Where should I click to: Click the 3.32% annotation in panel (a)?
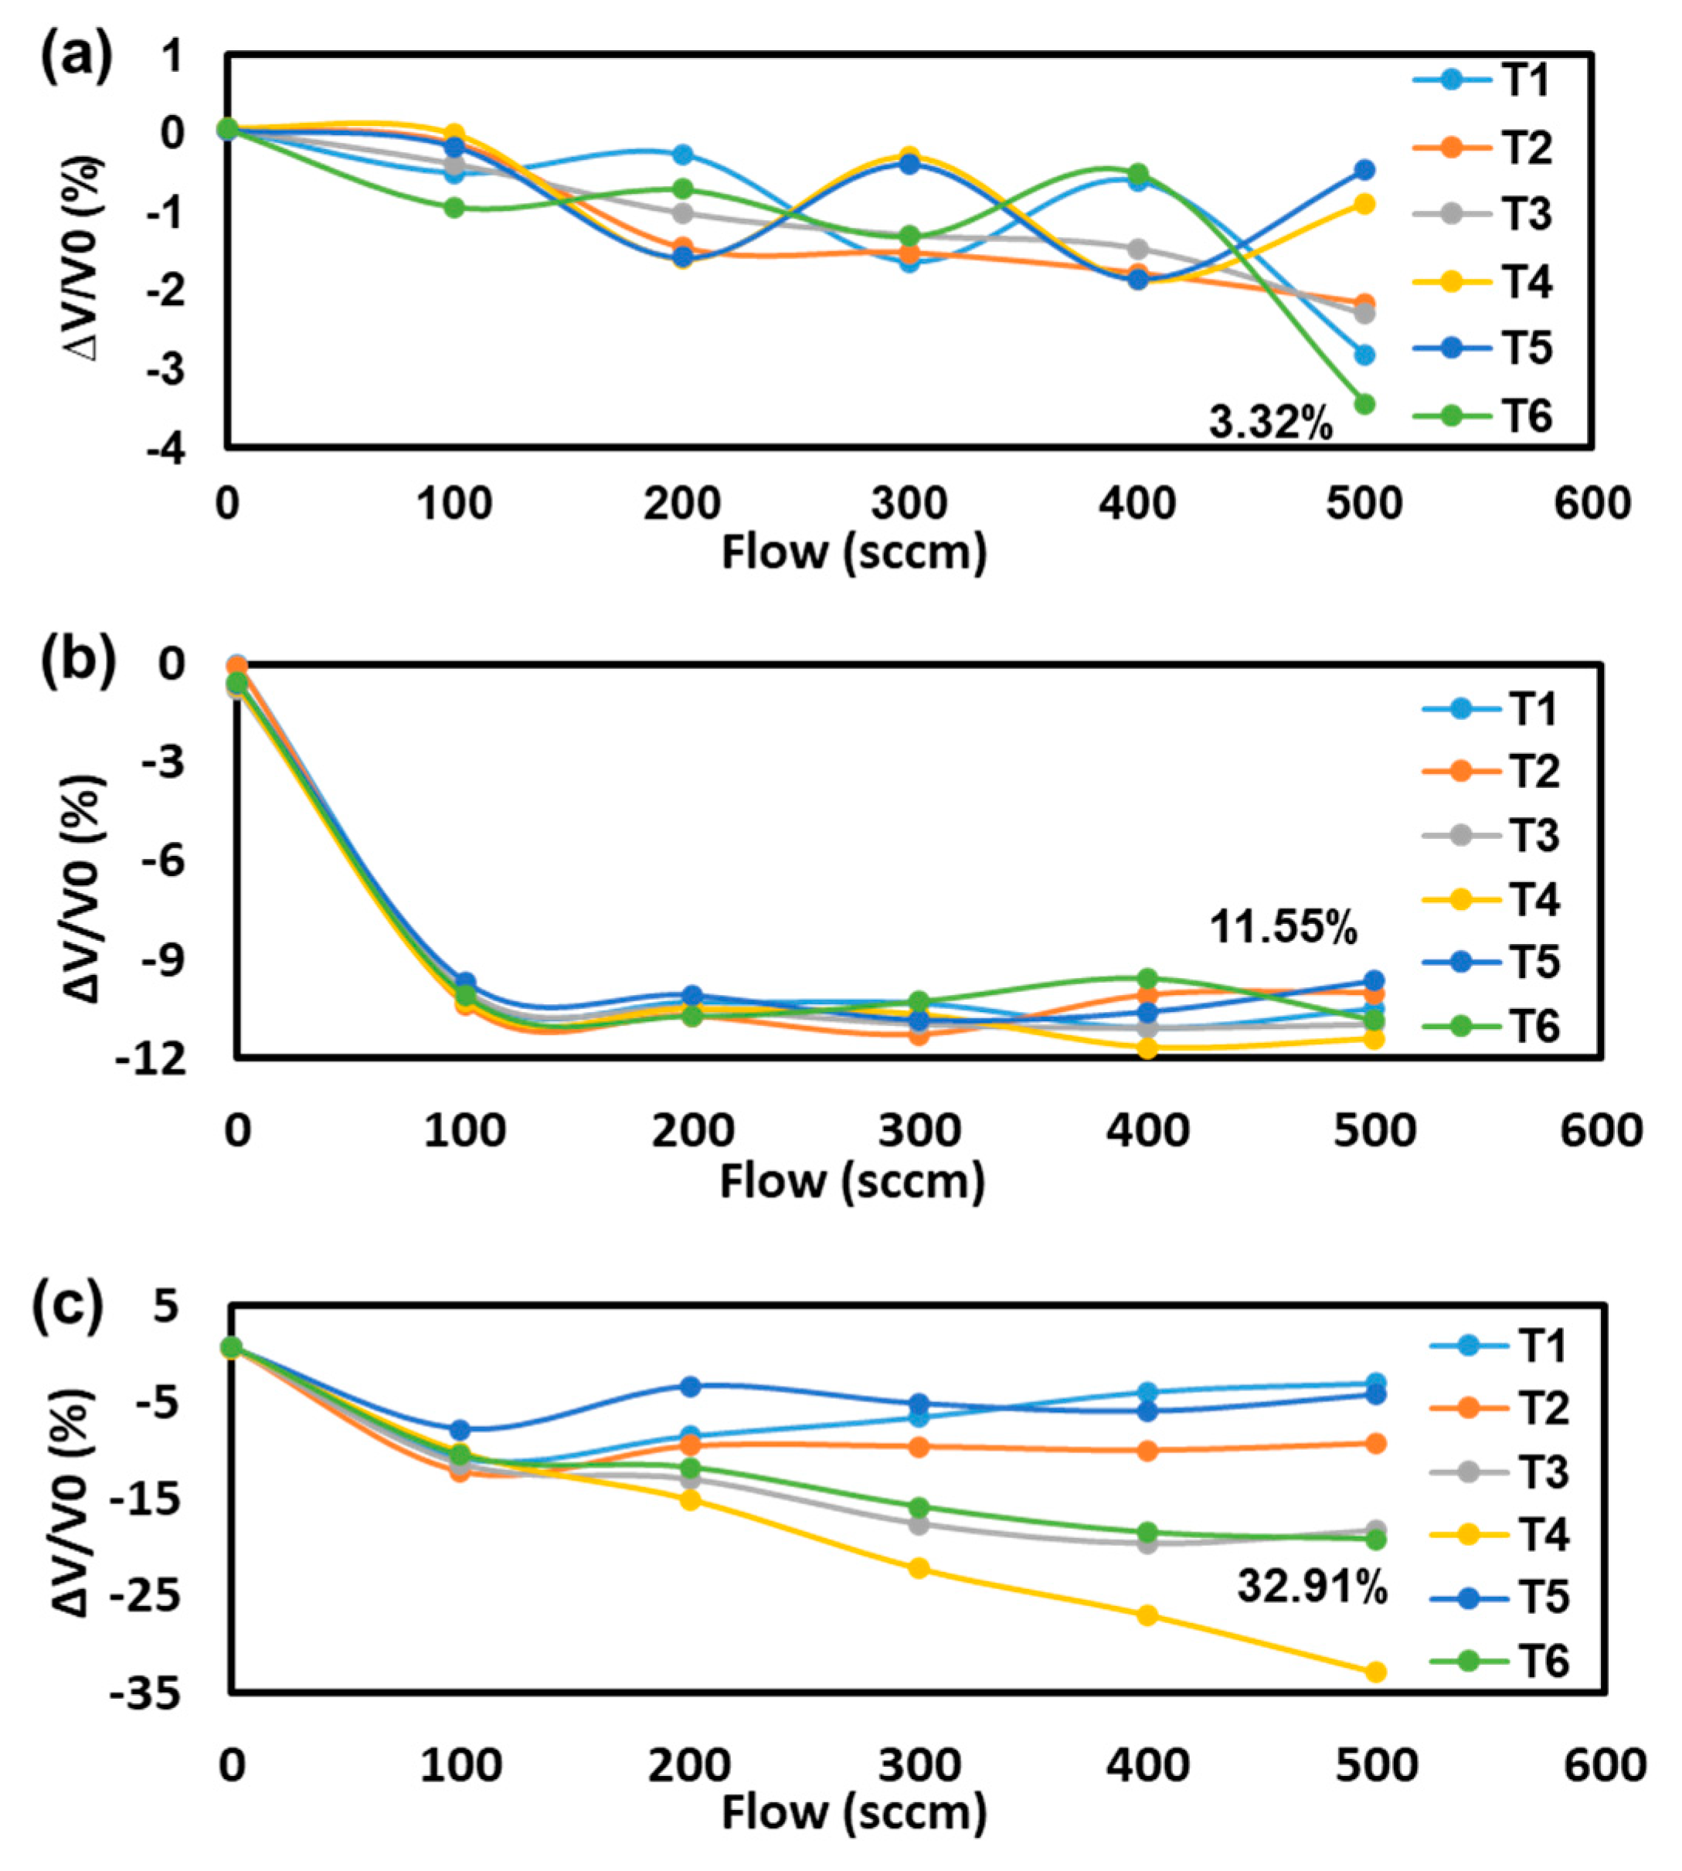[1271, 424]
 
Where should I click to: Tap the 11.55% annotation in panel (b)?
[1283, 927]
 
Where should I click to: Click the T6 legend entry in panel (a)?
[1526, 416]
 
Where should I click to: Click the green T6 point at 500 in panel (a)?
[1365, 404]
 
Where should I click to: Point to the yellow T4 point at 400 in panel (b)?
[1147, 1048]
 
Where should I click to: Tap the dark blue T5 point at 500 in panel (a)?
[1365, 170]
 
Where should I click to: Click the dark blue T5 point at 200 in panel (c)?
[689, 1386]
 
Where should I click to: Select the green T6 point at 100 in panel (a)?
[454, 208]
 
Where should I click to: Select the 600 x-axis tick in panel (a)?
[1592, 504]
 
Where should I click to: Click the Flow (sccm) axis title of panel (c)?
[854, 1814]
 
